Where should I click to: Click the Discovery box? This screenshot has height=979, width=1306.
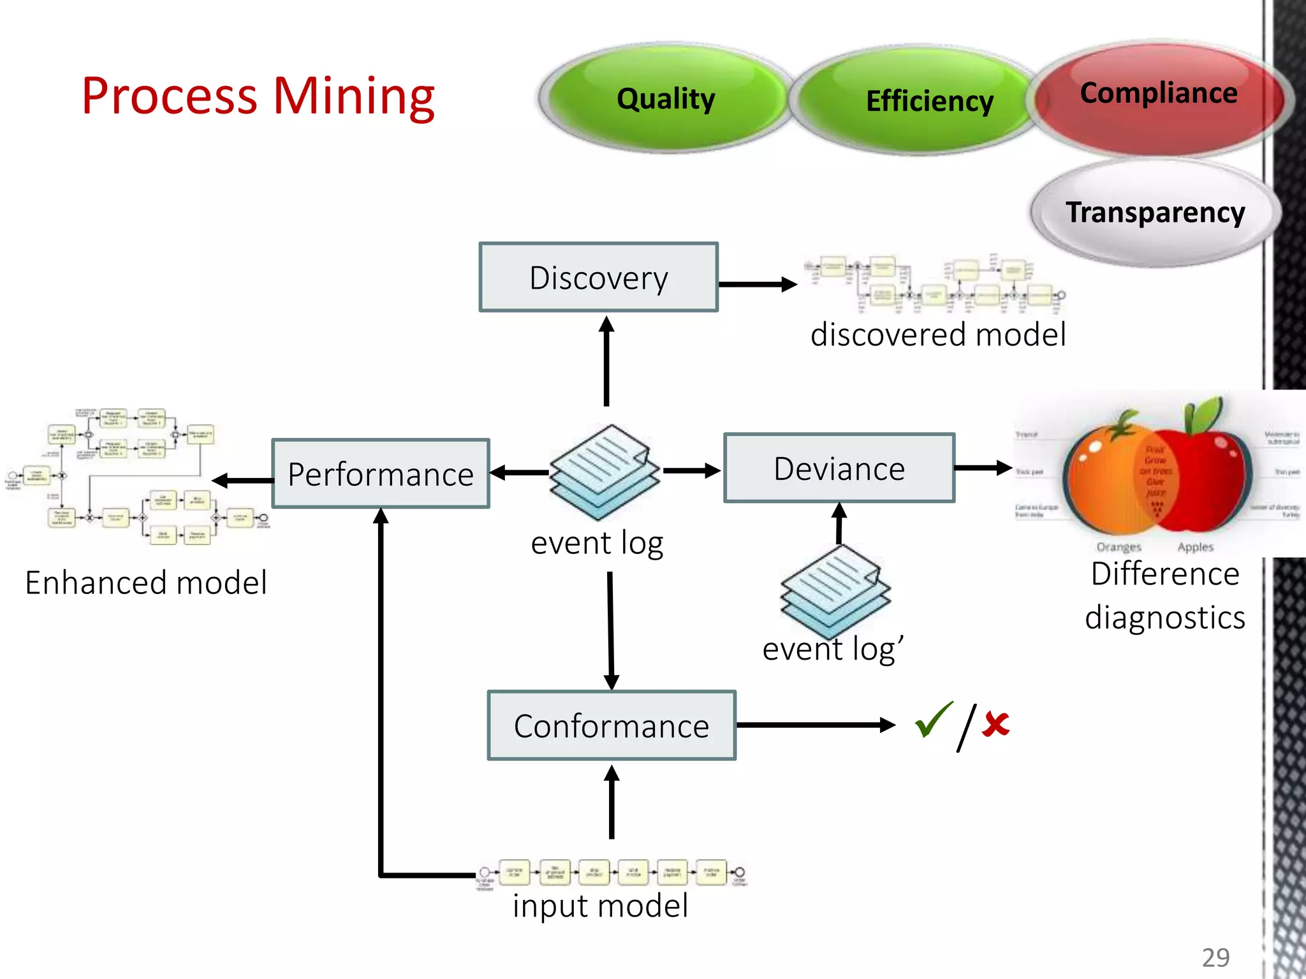598,277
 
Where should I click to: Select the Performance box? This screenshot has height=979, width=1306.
381,474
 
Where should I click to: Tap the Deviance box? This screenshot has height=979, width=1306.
839,468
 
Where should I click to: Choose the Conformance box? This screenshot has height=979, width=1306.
612,725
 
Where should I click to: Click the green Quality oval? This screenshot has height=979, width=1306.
665,99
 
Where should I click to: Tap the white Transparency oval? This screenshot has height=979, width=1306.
1155,212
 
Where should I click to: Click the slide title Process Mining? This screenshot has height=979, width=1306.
258,96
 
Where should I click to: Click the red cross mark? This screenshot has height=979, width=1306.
995,725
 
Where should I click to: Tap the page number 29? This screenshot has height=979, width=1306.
1215,957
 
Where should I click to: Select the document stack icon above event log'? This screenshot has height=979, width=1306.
835,590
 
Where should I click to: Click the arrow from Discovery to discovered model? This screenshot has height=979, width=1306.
757,284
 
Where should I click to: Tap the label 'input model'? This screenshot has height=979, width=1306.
600,906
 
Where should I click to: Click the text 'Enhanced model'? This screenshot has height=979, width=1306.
146,583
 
